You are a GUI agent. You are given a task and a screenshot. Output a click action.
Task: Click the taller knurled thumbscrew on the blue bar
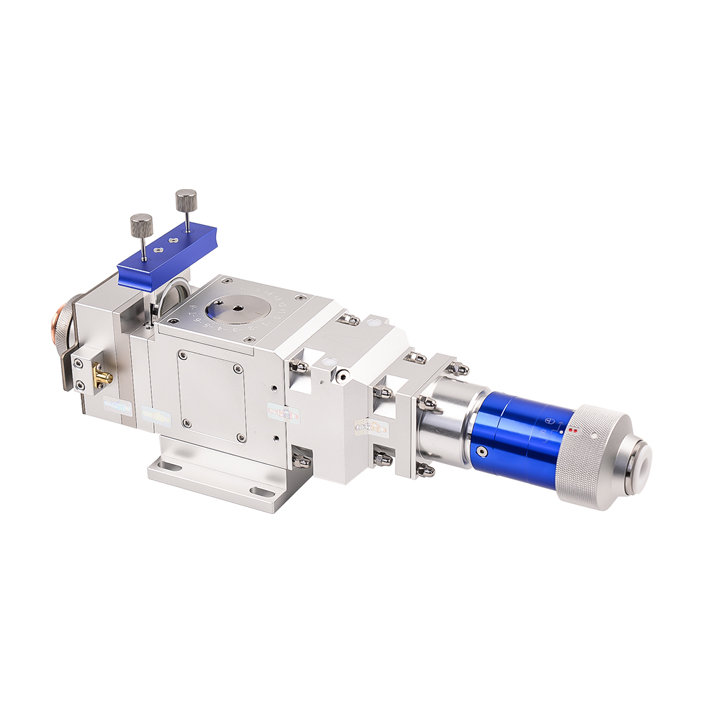point(186,200)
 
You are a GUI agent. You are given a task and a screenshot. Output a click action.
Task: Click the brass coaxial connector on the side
point(103,378)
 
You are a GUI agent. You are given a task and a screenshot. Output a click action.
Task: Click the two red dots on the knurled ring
point(573,430)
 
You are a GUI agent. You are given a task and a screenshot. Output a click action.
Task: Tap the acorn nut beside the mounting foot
point(301,460)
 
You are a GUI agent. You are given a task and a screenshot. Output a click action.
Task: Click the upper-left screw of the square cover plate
point(182,354)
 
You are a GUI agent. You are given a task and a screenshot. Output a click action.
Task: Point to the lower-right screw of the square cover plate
point(241,437)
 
